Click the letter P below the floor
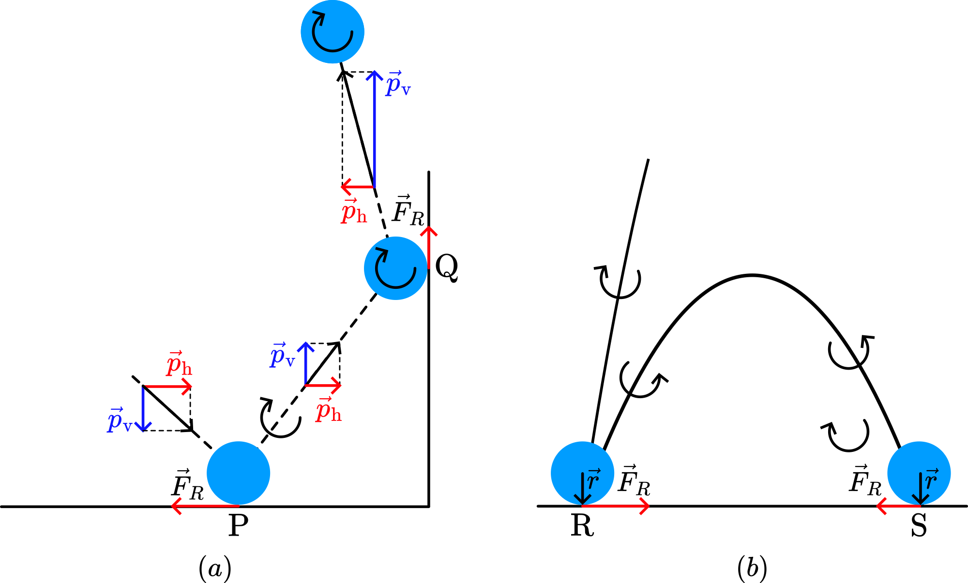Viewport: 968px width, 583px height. click(x=238, y=525)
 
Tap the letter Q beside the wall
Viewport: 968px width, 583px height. click(x=446, y=268)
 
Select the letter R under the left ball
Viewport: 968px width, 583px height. click(x=582, y=526)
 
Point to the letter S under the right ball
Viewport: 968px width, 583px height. click(x=919, y=526)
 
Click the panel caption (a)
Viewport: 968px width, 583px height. click(x=215, y=569)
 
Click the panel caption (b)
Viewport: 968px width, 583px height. click(x=752, y=569)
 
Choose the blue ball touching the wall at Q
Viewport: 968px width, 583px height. click(x=395, y=268)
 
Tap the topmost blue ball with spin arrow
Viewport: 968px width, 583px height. click(x=332, y=31)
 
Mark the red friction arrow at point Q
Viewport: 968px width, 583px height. click(x=428, y=247)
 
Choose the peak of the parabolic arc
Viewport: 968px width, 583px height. click(x=752, y=275)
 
